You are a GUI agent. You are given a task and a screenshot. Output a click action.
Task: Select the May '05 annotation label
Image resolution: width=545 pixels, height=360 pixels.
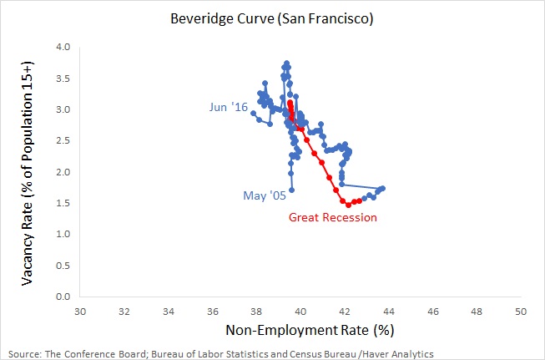[265, 196]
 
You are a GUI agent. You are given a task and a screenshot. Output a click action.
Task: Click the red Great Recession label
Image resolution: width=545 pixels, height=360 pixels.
[333, 217]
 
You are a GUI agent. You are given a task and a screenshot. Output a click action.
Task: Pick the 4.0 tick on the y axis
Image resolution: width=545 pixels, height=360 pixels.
[62, 47]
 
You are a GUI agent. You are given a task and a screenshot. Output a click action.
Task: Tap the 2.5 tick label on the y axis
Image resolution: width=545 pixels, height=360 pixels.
[62, 140]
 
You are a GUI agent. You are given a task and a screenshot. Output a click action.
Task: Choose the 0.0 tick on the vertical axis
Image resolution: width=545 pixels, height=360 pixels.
[62, 297]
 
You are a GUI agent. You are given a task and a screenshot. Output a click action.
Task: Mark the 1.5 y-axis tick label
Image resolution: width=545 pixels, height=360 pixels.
[62, 203]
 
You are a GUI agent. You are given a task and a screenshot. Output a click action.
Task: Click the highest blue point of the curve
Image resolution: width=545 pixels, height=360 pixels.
[286, 63]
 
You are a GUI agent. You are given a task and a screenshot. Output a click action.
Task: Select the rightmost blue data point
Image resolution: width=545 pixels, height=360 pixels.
[382, 188]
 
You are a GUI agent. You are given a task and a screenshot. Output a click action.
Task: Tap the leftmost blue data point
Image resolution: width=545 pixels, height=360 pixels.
[253, 113]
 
